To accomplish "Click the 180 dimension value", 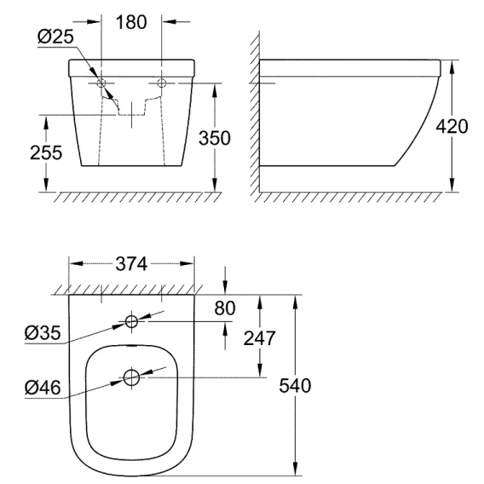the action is [x=131, y=22].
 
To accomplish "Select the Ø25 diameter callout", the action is [x=55, y=37].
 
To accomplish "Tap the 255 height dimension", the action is [x=46, y=153].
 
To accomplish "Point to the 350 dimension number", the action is [x=215, y=138].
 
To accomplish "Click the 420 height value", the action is [x=452, y=126].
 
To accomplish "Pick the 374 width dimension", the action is [x=131, y=264].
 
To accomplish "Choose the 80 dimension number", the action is [x=225, y=308].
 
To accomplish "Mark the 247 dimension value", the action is [x=259, y=338].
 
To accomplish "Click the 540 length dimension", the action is [x=295, y=385].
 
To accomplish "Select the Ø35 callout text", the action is [x=43, y=333].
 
